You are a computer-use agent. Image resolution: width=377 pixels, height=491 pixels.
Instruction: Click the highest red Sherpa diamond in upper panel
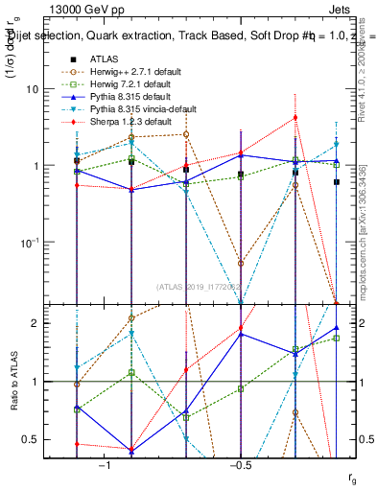(295, 118)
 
